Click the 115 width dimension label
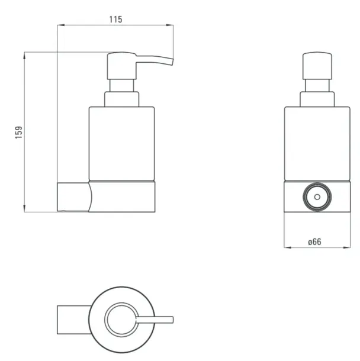115,20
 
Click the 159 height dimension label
19,133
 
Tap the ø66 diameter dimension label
314,242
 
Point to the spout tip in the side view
172,62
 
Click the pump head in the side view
121,66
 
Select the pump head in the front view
317,66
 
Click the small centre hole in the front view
317,197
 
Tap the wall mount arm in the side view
74,197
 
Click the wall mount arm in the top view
73,320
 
